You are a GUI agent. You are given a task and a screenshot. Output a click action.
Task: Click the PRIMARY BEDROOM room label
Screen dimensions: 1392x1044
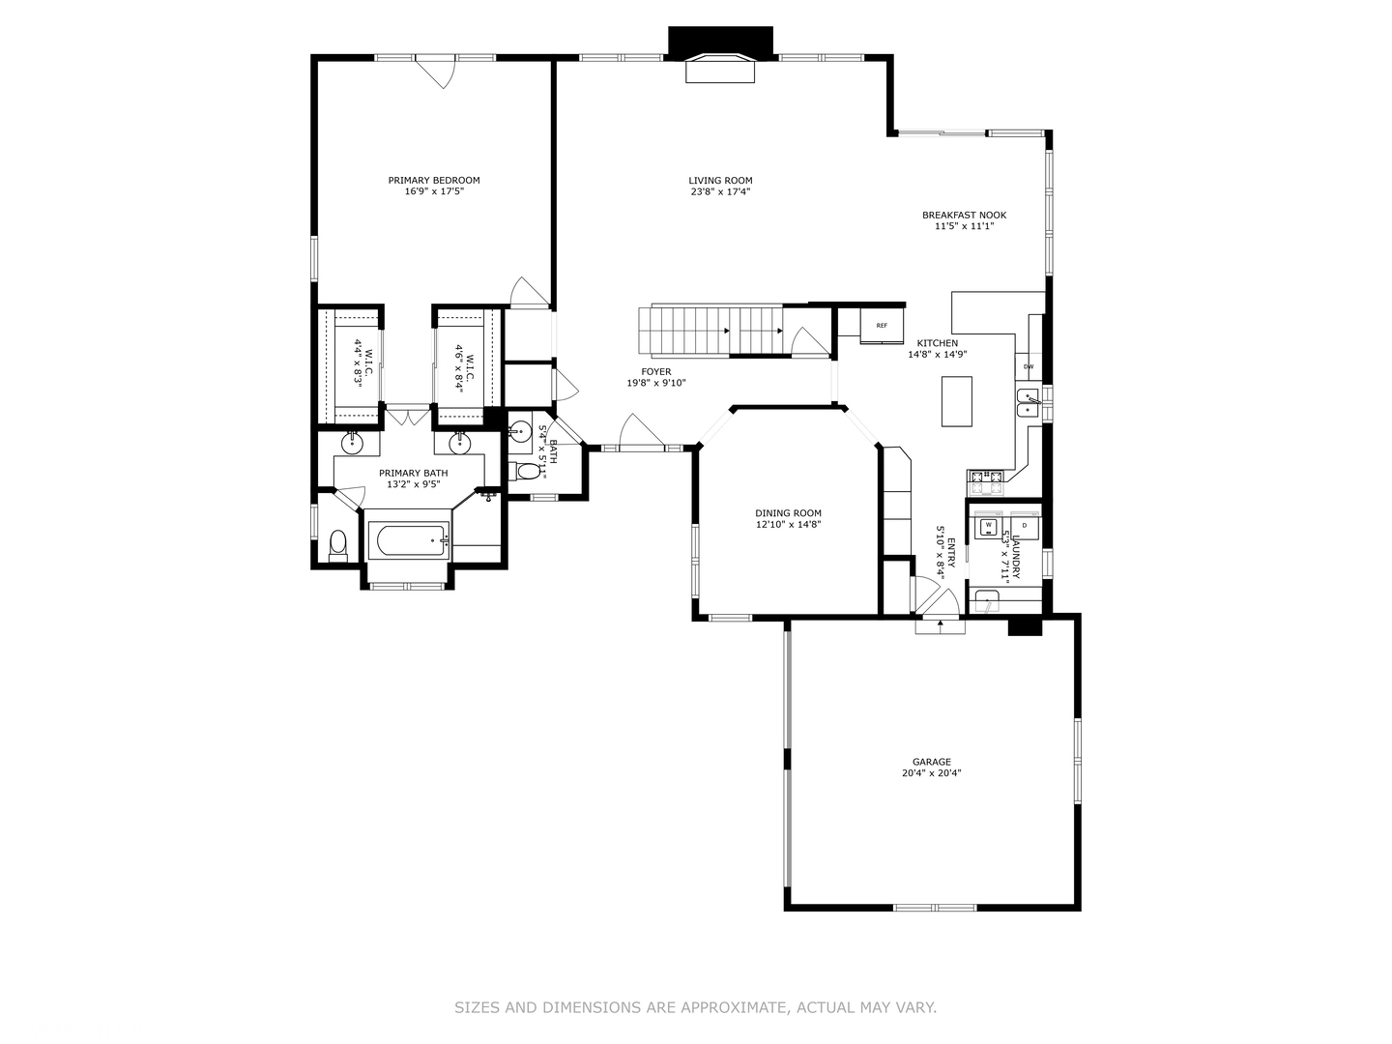[x=434, y=180]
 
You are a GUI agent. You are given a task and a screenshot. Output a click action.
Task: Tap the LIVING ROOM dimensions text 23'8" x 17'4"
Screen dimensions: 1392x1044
[x=720, y=191]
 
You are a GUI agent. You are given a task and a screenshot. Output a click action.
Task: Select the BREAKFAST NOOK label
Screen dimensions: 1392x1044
[x=964, y=215]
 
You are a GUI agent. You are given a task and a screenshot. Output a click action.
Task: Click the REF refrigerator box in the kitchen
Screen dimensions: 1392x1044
[x=882, y=326]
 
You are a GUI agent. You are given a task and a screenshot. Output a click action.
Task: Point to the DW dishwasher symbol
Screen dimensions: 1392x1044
[x=1028, y=366]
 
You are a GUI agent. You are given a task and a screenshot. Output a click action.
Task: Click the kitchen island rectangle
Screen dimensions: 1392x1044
[x=956, y=401]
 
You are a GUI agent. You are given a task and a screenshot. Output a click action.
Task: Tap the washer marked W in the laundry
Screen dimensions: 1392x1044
[x=988, y=526]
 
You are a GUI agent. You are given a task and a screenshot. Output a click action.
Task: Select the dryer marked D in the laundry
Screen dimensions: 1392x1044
[x=1024, y=526]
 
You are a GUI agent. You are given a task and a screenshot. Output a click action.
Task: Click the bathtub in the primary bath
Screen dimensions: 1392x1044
[x=409, y=540]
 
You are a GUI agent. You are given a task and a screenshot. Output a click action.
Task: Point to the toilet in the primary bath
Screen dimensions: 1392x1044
[x=338, y=546]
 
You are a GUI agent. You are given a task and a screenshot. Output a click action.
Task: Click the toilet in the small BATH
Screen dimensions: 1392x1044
[x=523, y=471]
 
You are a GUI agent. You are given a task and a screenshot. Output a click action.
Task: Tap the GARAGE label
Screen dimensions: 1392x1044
[x=932, y=762]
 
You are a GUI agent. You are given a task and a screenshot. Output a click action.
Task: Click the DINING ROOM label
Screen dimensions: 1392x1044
[x=788, y=512]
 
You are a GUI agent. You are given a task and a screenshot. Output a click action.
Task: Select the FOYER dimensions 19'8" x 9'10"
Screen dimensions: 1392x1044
[x=656, y=383]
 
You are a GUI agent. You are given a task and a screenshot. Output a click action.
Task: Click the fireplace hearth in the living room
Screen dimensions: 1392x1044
[x=720, y=69]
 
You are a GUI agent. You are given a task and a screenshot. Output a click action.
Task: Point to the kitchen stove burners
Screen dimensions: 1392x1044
[x=985, y=481]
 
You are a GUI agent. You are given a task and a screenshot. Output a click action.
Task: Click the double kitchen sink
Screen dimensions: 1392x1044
[x=1028, y=403]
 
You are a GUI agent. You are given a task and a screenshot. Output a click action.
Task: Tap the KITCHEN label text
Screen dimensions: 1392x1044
[x=938, y=343]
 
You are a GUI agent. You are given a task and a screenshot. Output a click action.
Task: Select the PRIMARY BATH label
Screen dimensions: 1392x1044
[x=414, y=473]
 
